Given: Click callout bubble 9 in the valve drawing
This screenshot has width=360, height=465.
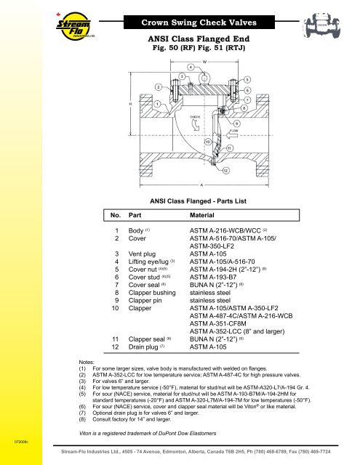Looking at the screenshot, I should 237,123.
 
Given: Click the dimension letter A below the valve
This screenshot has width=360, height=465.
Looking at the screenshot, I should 192,185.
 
